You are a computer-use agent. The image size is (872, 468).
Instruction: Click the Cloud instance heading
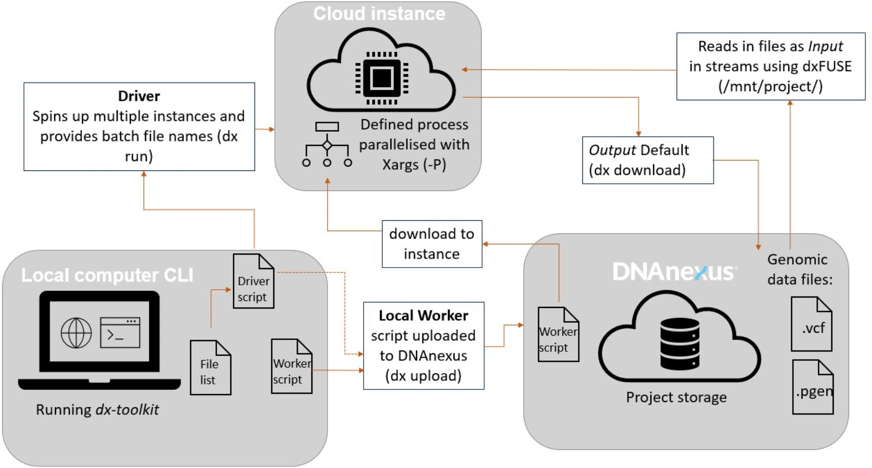379,14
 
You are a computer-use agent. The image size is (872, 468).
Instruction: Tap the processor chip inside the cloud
382,78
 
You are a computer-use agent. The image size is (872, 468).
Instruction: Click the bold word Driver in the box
139,96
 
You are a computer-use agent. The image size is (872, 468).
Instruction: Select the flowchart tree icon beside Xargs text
327,144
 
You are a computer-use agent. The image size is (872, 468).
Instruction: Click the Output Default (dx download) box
647,160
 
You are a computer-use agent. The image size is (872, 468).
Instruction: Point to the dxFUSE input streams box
770,66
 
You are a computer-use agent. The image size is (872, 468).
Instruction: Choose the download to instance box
432,244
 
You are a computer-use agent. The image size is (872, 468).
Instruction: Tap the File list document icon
210,367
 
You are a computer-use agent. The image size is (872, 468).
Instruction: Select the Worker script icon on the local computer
291,367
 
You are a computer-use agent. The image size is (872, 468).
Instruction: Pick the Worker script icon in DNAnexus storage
558,334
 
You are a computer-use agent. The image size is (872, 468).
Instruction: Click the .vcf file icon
811,324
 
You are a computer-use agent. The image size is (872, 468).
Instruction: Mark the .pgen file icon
813,387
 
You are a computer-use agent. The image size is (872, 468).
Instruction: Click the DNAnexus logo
674,272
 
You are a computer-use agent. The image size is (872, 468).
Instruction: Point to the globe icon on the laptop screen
76,333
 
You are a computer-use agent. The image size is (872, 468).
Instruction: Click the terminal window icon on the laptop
120,333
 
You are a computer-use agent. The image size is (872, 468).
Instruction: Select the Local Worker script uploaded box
423,346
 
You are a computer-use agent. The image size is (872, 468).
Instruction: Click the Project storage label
676,397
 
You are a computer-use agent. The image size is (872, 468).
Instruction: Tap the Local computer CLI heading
107,275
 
